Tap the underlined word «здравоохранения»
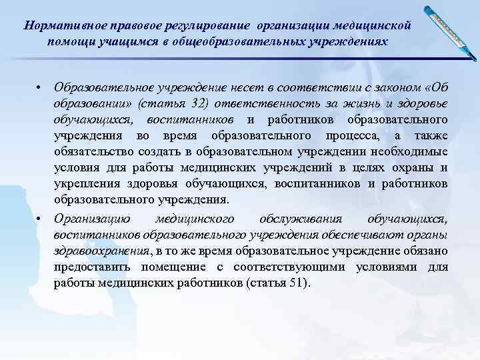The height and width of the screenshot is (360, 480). pos(101,251)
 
